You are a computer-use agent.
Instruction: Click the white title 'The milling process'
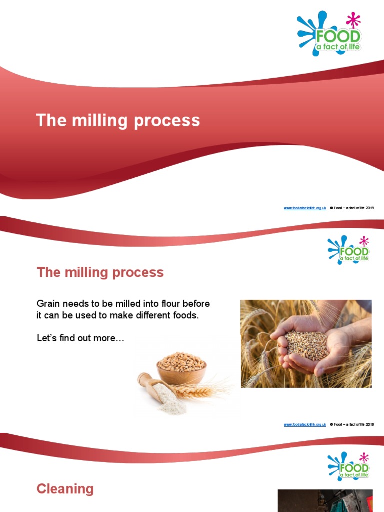click(x=118, y=121)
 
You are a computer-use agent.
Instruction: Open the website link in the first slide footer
click(x=305, y=208)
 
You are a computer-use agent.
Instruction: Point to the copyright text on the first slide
click(x=352, y=208)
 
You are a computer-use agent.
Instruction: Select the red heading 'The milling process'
click(x=100, y=272)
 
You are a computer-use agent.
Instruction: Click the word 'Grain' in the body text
click(x=48, y=304)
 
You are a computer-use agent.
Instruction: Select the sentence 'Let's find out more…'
click(x=80, y=338)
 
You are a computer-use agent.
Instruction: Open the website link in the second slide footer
click(x=305, y=424)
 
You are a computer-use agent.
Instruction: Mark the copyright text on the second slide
click(x=352, y=424)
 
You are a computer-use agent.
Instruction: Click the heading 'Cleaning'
click(x=65, y=489)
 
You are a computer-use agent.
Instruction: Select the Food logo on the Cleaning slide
click(x=349, y=466)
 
